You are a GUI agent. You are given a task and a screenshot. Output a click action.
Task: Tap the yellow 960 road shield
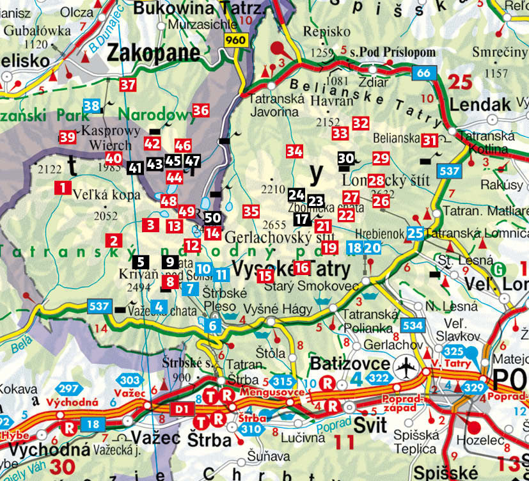235,40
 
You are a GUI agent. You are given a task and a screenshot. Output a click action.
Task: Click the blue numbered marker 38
91,106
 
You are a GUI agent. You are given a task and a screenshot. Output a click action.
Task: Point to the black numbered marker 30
345,158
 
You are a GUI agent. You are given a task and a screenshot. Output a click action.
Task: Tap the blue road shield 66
423,73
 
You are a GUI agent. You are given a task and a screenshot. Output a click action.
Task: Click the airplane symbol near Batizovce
405,369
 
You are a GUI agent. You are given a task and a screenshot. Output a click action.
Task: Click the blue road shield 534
413,326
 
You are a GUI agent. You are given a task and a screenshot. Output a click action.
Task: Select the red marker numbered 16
301,267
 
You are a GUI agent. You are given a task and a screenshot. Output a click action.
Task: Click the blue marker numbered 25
415,233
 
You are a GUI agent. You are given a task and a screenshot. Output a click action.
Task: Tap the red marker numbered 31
429,139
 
